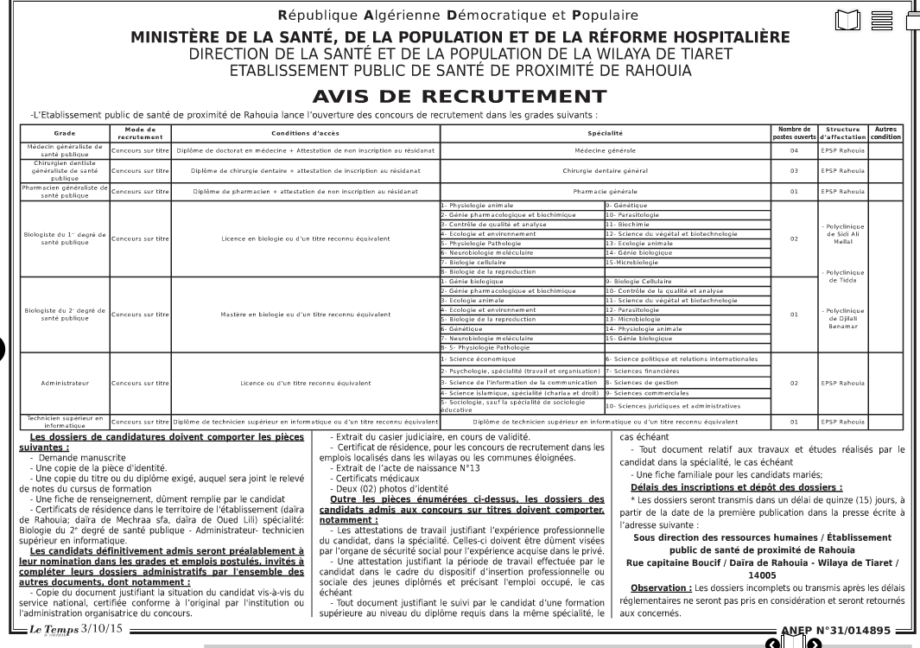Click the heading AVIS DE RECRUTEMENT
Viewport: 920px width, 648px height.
[x=460, y=96]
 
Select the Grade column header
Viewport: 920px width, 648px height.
[x=65, y=134]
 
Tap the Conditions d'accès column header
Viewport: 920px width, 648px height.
[x=306, y=134]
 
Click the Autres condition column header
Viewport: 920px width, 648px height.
[x=885, y=133]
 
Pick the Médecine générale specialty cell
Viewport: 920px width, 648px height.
[x=605, y=150]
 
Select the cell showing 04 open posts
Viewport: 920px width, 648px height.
[x=793, y=150]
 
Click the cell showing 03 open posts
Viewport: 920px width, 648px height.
[x=793, y=170]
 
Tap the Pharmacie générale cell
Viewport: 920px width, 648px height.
[x=605, y=191]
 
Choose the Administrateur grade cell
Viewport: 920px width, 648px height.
[x=65, y=382]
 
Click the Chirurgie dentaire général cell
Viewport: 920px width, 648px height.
[x=605, y=170]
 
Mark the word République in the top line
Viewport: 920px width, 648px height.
[x=316, y=15]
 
